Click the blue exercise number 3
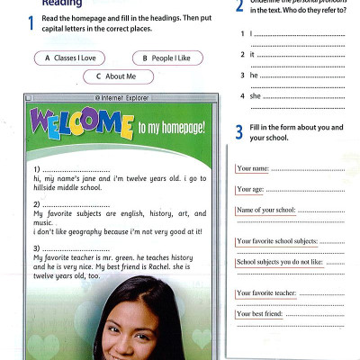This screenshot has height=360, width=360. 239,133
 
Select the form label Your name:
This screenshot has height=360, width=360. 253,168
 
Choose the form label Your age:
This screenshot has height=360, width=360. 251,189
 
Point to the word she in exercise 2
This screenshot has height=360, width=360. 255,95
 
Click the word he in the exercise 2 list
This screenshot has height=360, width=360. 254,75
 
